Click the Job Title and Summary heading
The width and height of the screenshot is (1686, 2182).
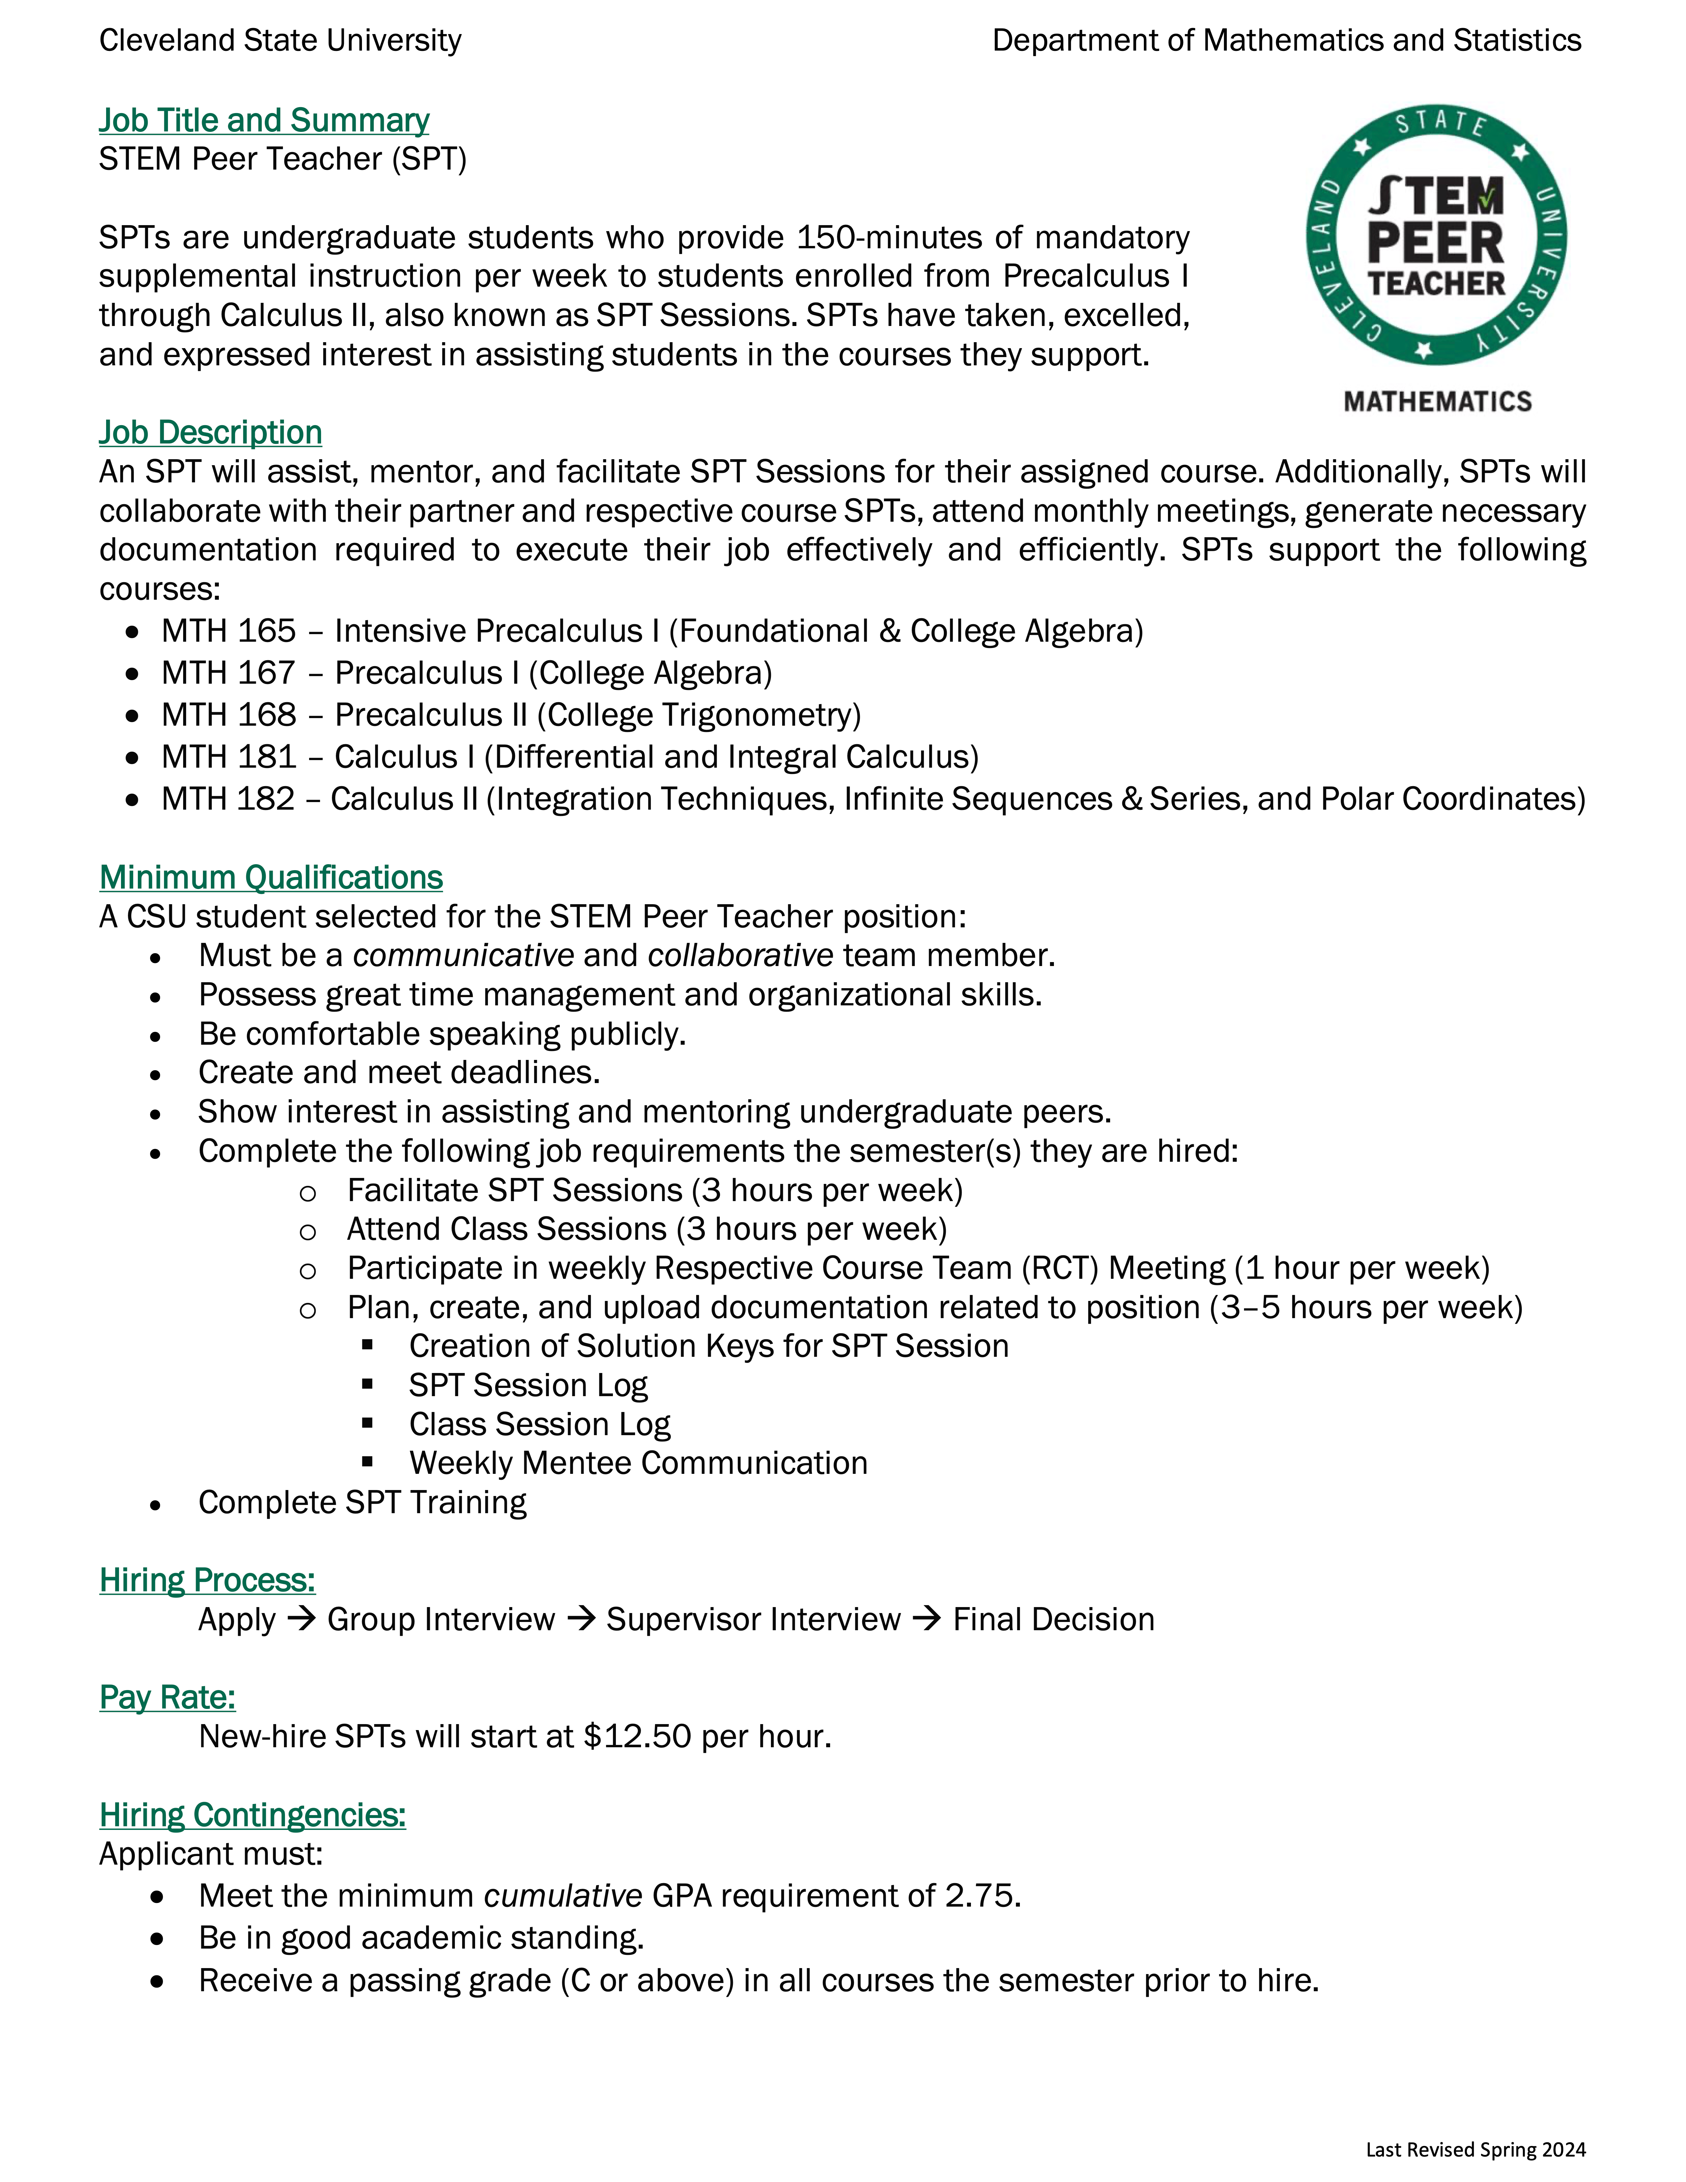[x=264, y=121]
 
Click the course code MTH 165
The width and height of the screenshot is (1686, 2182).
[x=229, y=631]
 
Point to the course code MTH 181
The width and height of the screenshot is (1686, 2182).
[x=229, y=757]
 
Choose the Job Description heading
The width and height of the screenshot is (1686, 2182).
[x=210, y=433]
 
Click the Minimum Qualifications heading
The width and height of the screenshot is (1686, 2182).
[x=271, y=877]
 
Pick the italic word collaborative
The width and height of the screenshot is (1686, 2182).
[x=740, y=955]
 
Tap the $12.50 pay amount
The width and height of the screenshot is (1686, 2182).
[x=637, y=1736]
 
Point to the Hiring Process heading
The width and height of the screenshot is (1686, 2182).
[x=207, y=1581]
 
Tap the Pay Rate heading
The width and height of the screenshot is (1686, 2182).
[x=167, y=1697]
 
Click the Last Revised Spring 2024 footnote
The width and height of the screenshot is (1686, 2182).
[x=1475, y=2149]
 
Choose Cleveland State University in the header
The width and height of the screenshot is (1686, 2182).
[x=281, y=41]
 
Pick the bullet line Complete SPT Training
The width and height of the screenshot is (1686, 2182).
[x=362, y=1503]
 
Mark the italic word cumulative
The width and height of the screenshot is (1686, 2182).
[x=562, y=1895]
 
